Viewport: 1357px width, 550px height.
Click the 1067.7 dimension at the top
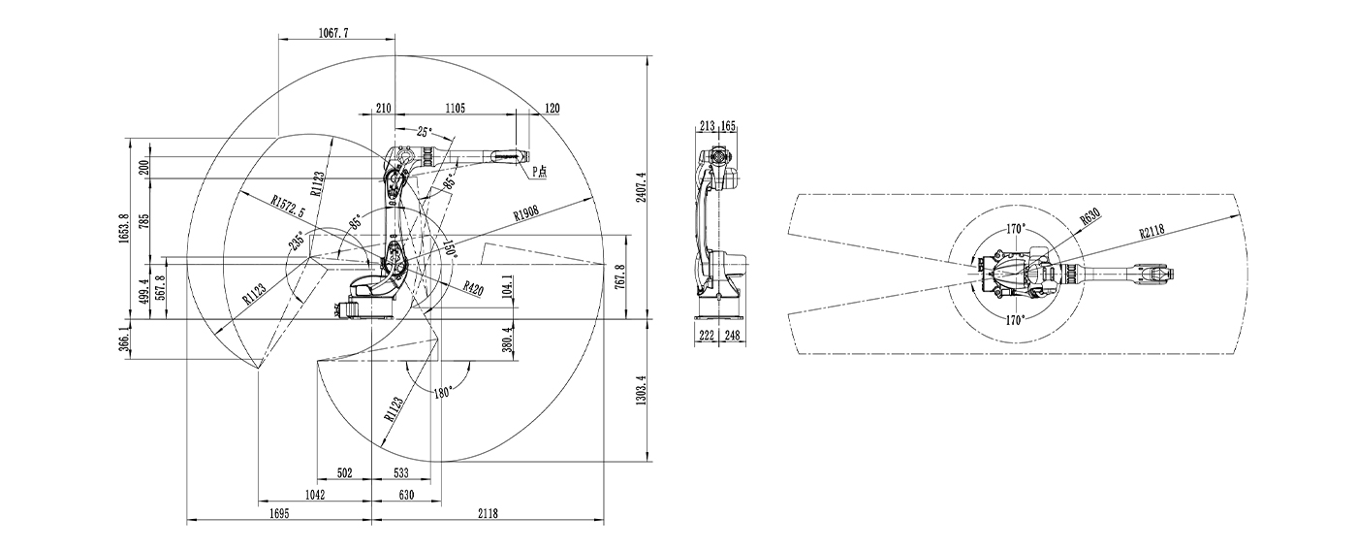click(332, 33)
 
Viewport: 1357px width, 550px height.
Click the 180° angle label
click(443, 392)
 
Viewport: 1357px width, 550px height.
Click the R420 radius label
click(473, 288)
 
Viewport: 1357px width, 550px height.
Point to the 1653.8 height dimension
click(123, 230)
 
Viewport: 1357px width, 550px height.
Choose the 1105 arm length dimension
click(455, 108)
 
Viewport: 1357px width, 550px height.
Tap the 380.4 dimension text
click(508, 341)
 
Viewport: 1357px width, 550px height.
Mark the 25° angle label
click(425, 131)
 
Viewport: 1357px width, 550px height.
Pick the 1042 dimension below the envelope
click(315, 495)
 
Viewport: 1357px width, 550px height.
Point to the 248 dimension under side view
click(731, 336)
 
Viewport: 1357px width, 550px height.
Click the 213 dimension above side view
click(706, 125)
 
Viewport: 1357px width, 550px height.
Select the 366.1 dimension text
click(123, 341)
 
